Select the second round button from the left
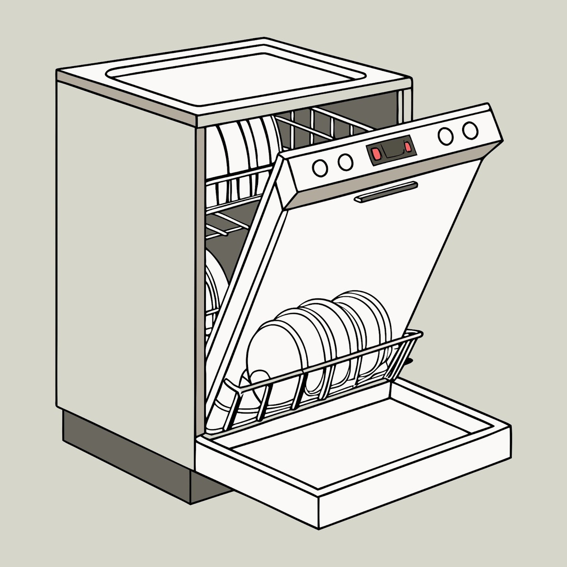[345, 162]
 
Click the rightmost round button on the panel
[470, 130]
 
